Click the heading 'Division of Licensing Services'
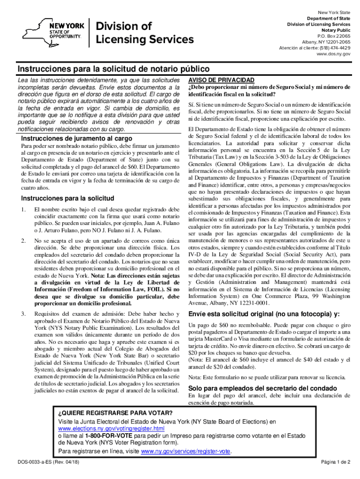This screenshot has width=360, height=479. click(x=144, y=33)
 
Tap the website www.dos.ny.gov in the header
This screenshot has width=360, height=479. click(x=333, y=54)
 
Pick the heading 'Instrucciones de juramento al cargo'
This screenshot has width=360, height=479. click(x=77, y=138)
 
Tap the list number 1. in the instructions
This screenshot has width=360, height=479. click(x=23, y=209)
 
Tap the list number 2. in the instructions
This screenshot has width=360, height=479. click(x=23, y=241)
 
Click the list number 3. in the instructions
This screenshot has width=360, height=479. click(x=23, y=314)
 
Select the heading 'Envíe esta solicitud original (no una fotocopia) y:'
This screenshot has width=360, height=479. click(x=263, y=313)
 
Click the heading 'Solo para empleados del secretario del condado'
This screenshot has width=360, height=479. click(x=262, y=388)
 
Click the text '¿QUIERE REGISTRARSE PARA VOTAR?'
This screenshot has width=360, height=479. click(x=115, y=413)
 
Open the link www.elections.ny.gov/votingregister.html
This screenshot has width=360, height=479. click(x=111, y=428)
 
